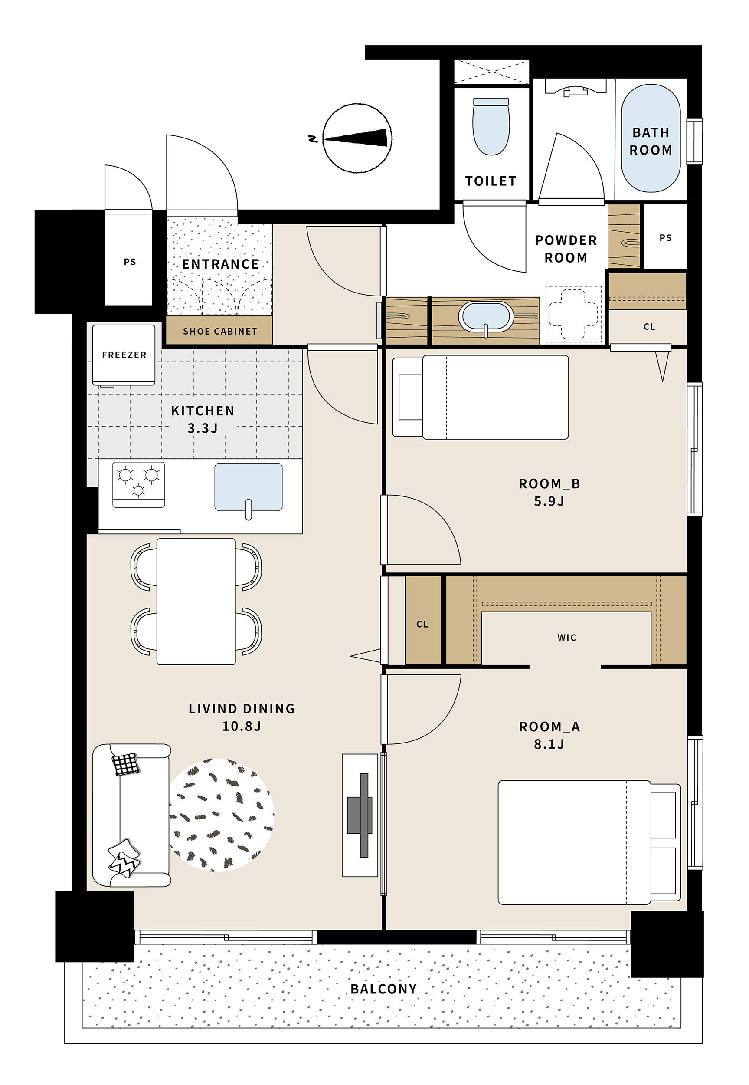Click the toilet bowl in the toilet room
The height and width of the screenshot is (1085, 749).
tap(491, 126)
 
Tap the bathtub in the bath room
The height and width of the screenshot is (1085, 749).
tap(651, 138)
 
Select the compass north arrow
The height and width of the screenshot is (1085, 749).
tap(357, 138)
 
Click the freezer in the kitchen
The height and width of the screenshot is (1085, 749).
tap(124, 355)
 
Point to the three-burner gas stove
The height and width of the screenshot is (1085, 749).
tap(138, 484)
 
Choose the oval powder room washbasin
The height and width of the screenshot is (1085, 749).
tap(486, 317)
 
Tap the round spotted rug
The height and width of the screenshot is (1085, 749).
tap(221, 815)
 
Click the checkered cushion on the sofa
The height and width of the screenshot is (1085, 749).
tap(126, 764)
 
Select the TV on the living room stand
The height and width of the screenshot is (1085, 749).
tap(360, 815)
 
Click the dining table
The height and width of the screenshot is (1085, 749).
tap(196, 602)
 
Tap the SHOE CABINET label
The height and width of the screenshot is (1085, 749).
tap(220, 332)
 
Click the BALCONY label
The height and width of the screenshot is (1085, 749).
tap(383, 989)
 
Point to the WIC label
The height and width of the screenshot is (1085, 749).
tap(567, 638)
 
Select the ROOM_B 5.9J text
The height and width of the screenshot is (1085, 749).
tap(549, 492)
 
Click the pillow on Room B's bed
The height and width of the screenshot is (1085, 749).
tap(411, 397)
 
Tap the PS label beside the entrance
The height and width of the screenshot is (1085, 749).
tap(130, 262)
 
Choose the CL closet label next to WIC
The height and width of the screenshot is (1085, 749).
tap(422, 624)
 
